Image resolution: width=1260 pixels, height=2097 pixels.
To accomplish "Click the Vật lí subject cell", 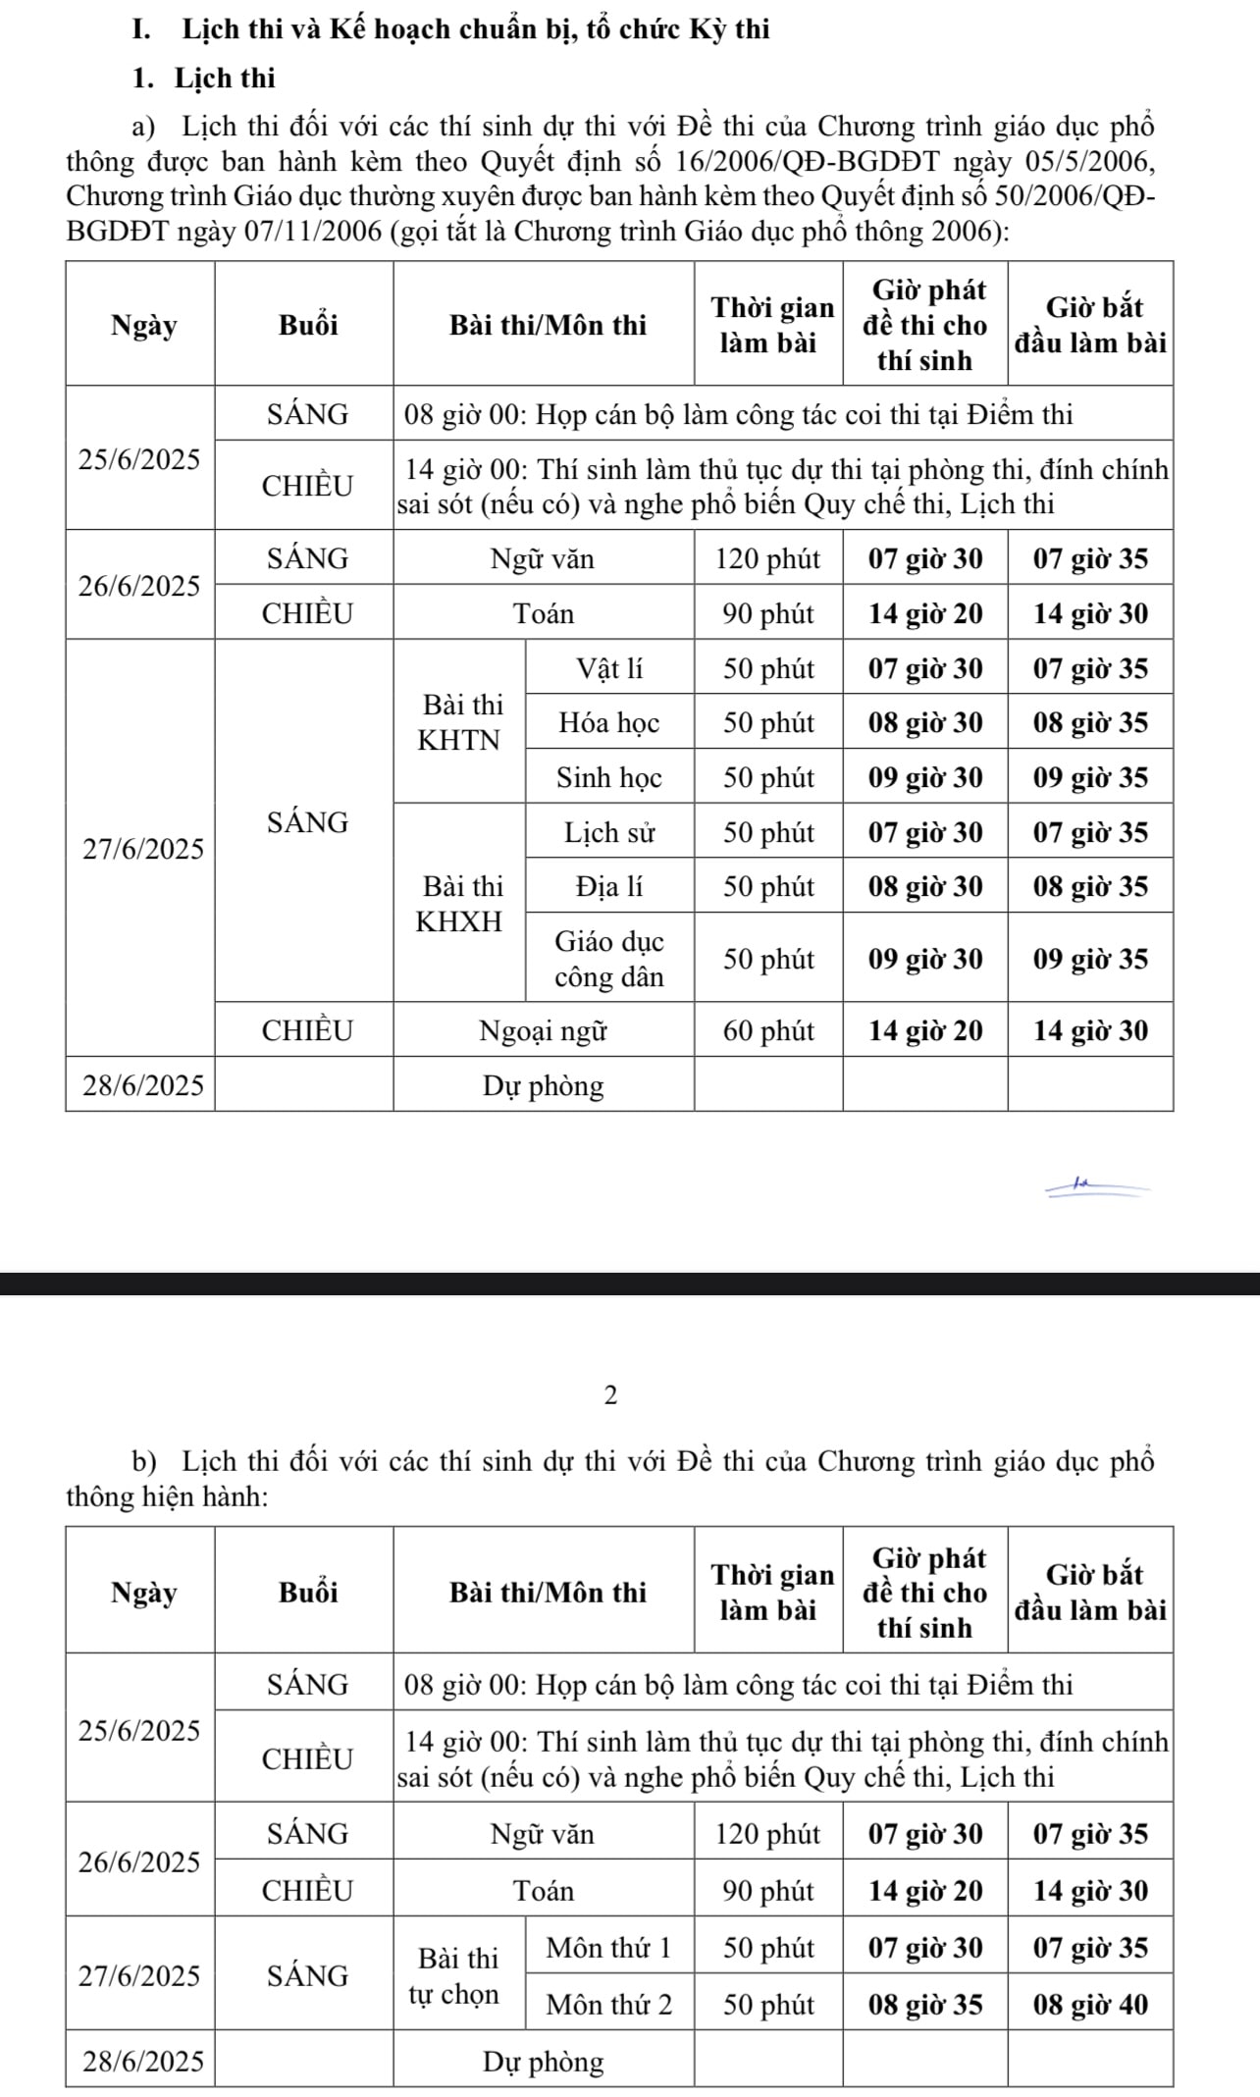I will [x=609, y=668].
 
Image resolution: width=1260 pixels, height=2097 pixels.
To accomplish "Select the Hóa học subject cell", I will [x=609, y=723].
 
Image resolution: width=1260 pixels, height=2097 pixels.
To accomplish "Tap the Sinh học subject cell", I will [x=609, y=778].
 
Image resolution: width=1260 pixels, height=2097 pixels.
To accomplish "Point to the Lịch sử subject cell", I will [x=609, y=833].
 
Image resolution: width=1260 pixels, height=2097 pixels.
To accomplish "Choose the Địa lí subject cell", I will [x=609, y=887].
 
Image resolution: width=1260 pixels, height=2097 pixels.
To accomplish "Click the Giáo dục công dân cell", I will [x=609, y=959].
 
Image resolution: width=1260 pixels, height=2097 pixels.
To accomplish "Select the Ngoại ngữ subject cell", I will [x=543, y=1030].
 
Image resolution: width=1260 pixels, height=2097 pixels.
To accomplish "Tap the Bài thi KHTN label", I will [x=459, y=722].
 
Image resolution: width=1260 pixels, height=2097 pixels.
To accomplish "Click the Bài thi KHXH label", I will [x=459, y=904].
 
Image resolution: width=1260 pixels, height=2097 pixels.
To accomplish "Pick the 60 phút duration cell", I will [x=768, y=1030].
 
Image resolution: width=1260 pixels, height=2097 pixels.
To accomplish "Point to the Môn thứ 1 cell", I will [x=609, y=1948].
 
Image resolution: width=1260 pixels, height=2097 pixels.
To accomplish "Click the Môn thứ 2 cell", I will [x=609, y=2005].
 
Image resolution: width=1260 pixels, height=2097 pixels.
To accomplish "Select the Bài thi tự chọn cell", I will [x=459, y=1976].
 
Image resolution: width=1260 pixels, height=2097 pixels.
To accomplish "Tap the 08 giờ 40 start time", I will [x=1090, y=2005].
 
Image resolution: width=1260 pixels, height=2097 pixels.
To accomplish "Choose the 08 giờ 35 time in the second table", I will [x=925, y=2005].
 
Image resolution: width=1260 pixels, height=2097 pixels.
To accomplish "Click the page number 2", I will [x=610, y=1395].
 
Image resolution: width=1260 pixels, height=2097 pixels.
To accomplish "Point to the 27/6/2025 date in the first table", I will [x=143, y=849].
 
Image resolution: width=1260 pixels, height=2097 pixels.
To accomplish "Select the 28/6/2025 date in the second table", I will [x=143, y=2061].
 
